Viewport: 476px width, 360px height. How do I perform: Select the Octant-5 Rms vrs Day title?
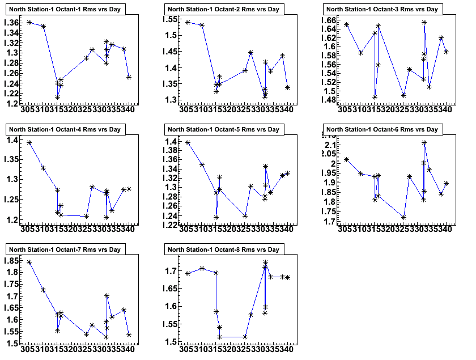coord(223,129)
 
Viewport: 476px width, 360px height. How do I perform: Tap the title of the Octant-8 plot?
coord(223,249)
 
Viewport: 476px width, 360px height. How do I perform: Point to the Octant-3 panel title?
coord(382,9)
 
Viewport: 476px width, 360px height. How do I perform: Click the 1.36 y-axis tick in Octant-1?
coord(11,22)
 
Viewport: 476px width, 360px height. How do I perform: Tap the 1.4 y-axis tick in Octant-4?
coord(12,140)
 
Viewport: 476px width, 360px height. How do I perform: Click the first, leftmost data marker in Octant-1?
coord(29,22)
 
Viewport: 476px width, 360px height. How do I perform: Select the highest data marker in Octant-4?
coord(29,142)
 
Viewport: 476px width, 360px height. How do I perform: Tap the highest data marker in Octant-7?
coord(29,262)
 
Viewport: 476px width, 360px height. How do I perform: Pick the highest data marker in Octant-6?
coord(424,142)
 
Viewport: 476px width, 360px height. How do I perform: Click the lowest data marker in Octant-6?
coord(403,217)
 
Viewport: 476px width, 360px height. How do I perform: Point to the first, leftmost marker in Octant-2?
coord(188,22)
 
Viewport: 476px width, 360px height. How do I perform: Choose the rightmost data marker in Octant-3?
coord(447,52)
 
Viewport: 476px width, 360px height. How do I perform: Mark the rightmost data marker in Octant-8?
coord(288,277)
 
